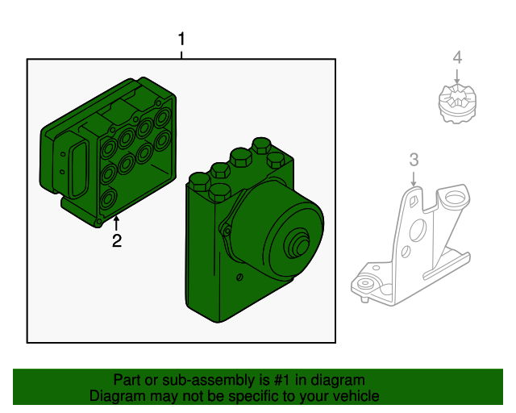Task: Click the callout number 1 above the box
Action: click(181, 39)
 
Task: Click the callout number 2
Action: click(117, 240)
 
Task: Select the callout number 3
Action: click(414, 159)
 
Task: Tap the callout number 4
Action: click(457, 57)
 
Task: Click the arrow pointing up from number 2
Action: click(117, 223)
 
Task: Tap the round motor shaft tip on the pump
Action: click(303, 243)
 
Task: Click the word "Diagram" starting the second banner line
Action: click(116, 397)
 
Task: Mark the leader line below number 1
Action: click(181, 53)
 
